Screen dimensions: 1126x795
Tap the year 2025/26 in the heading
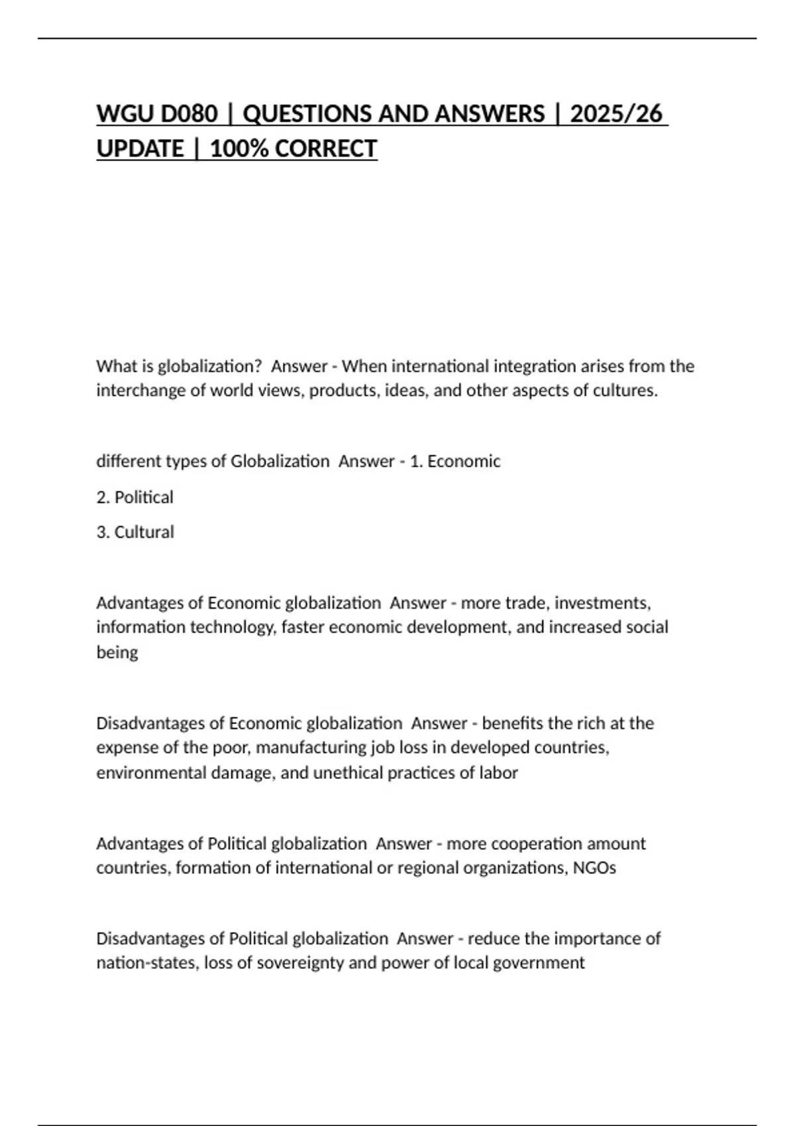tap(615, 114)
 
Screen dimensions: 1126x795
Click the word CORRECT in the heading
tap(326, 148)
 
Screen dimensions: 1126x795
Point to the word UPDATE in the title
tap(140, 148)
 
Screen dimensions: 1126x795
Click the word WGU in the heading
tap(124, 114)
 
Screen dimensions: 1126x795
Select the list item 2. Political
tap(134, 497)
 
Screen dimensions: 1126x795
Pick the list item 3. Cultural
tap(135, 532)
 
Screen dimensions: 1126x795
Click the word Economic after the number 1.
tap(464, 461)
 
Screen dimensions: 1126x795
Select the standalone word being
tap(117, 652)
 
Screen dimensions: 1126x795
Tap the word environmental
tap(151, 772)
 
